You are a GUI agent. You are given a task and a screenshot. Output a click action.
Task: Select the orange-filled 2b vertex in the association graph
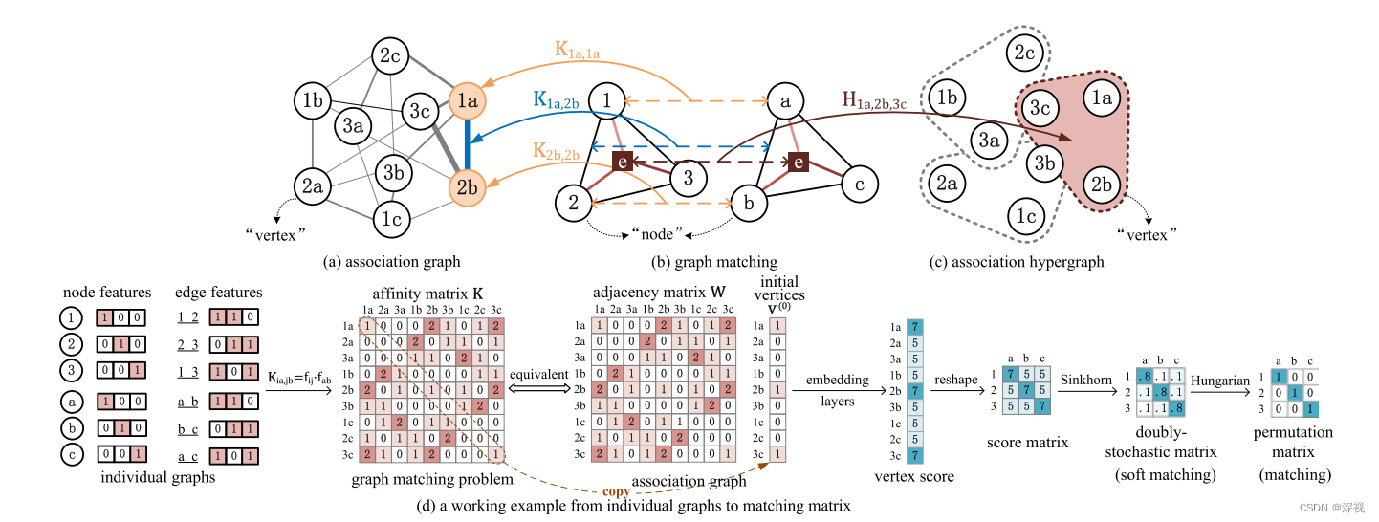tap(467, 187)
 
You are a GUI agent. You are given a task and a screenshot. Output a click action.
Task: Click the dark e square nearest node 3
tap(622, 163)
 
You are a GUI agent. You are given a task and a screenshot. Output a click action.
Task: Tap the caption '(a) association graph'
tap(392, 261)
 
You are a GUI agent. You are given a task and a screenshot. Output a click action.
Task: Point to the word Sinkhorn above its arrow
tap(1087, 381)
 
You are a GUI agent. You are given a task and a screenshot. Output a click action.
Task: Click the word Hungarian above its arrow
tap(1220, 381)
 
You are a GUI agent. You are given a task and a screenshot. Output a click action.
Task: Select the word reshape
tap(957, 381)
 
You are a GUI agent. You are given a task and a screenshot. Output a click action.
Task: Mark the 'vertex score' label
tap(914, 476)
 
